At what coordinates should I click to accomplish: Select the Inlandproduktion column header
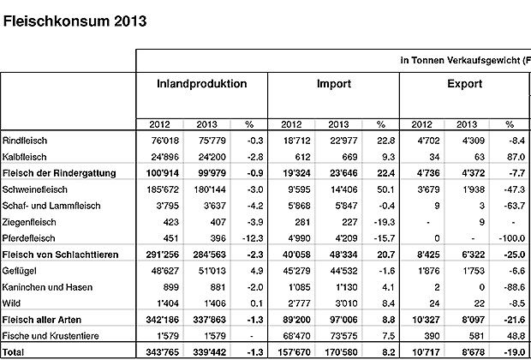pyautogui.click(x=202, y=85)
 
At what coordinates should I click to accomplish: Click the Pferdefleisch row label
pyautogui.click(x=31, y=238)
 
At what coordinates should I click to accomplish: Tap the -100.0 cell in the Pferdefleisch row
pyautogui.click(x=509, y=238)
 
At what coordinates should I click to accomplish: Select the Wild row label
pyautogui.click(x=14, y=303)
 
